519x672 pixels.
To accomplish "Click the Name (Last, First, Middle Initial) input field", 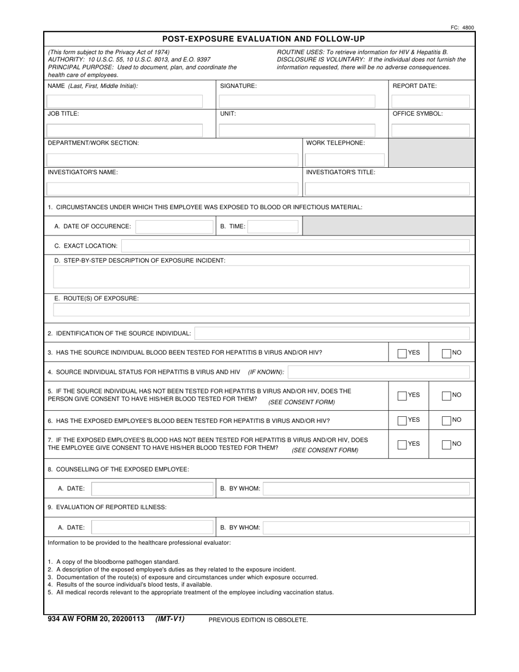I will pos(125,101).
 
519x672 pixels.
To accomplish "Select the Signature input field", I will pos(297,101).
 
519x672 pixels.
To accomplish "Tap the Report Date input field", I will pos(430,101).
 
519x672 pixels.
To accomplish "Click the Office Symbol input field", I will pos(430,130).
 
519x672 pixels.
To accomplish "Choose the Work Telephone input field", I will pos(345,160).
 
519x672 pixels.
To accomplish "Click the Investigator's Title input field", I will pos(387,189).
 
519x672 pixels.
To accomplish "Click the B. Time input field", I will pos(274,226).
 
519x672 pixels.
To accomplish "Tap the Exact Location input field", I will pos(295,246).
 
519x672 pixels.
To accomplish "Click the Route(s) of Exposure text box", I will pos(261,310).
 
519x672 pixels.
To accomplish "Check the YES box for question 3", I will pos(403,353).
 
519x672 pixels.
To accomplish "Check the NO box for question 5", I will pos(446,396).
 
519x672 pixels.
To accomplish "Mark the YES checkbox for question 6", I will pos(403,420).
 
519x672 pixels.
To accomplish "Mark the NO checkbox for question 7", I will pos(446,444).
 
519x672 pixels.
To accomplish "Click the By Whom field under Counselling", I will pos(366,488).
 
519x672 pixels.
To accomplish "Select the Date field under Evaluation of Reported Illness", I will pos(152,527).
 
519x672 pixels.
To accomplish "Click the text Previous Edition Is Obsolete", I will pos(258,620).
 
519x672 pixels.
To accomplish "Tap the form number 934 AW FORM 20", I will pos(96,619).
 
